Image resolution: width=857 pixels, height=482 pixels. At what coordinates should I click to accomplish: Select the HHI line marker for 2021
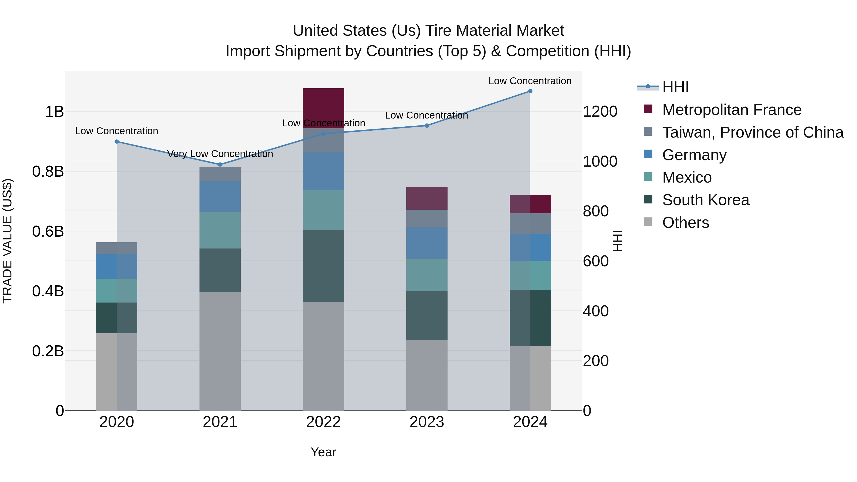[220, 164]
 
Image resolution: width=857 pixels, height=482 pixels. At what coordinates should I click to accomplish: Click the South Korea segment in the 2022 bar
[323, 266]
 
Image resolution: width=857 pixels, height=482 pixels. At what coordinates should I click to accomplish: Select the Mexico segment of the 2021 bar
[220, 230]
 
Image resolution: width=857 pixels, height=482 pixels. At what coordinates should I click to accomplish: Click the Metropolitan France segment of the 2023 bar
[427, 198]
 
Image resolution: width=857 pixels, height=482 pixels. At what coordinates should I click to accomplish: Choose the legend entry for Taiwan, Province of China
[752, 132]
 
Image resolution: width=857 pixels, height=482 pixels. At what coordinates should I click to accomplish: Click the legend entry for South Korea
[705, 200]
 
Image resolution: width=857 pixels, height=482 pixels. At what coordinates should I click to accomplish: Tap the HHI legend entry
[675, 87]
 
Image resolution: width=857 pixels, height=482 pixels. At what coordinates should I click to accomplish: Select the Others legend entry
[685, 223]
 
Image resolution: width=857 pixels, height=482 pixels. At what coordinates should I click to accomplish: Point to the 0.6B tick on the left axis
[48, 231]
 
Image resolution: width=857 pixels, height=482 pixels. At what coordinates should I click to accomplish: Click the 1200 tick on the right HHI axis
[600, 111]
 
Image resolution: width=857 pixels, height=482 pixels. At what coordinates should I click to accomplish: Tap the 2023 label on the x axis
[427, 422]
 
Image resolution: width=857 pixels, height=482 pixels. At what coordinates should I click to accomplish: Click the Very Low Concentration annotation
[220, 154]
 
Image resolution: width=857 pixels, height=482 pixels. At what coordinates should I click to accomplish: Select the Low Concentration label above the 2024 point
[530, 81]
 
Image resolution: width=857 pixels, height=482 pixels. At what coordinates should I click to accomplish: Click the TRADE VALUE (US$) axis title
[7, 241]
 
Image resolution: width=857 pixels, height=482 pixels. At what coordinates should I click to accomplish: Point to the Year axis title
[323, 452]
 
